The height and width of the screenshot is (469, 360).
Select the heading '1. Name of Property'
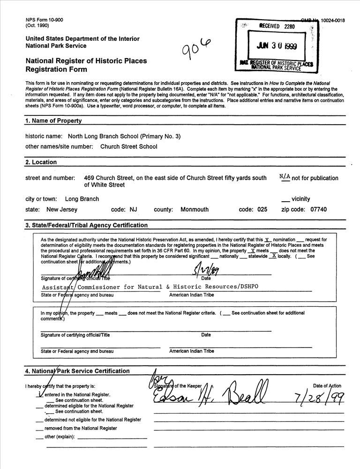click(x=53, y=121)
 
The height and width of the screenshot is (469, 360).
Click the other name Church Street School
click(x=129, y=146)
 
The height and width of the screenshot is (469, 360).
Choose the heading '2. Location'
click(x=41, y=162)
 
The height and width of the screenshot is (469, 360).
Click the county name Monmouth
click(x=195, y=210)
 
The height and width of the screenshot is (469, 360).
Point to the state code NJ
click(x=133, y=210)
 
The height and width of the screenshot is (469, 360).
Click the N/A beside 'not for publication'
click(x=285, y=177)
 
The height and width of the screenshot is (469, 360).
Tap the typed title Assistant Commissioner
click(x=150, y=287)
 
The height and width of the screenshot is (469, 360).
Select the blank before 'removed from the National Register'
click(x=39, y=428)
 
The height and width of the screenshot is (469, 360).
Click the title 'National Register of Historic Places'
click(x=86, y=61)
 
